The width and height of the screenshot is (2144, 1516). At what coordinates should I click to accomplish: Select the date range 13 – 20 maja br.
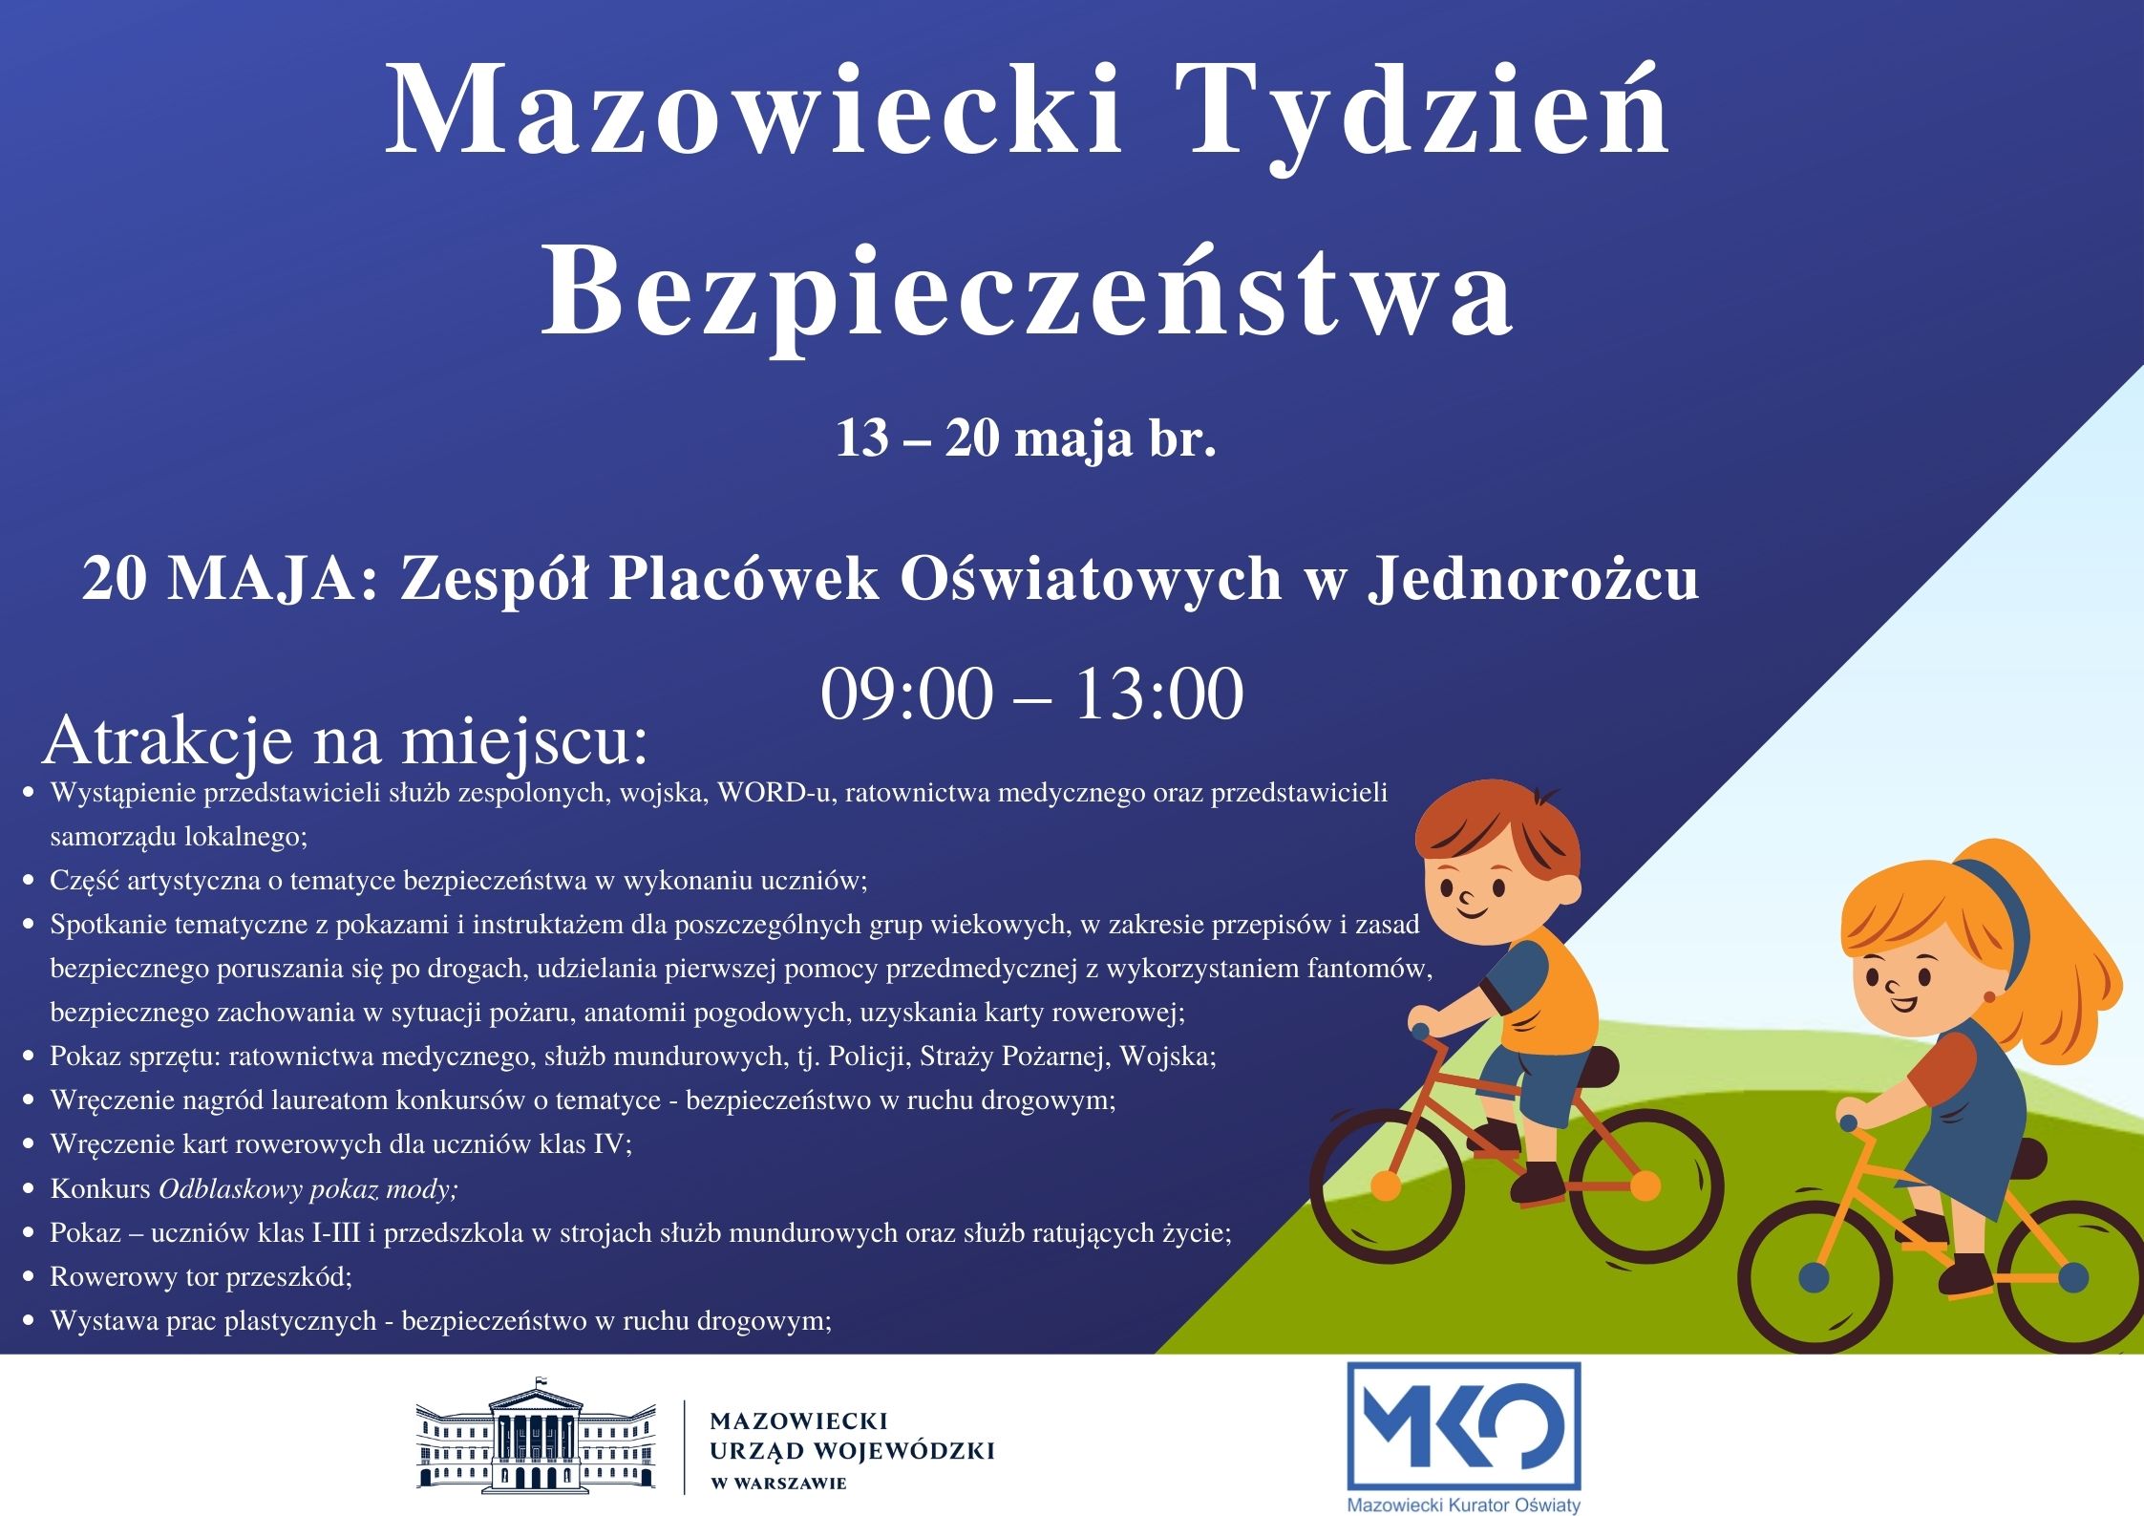[1027, 438]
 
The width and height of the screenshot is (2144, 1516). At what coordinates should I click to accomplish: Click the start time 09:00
[906, 694]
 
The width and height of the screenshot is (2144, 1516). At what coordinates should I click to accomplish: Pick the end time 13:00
[1159, 694]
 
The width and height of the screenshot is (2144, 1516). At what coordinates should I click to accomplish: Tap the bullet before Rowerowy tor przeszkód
[30, 1276]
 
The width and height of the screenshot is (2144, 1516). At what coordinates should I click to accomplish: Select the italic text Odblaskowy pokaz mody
[308, 1189]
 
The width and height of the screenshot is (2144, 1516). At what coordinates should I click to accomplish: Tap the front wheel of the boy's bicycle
[1645, 1185]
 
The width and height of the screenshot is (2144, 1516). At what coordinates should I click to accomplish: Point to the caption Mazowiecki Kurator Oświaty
[1463, 1505]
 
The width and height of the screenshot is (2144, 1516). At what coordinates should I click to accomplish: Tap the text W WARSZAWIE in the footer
[779, 1484]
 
